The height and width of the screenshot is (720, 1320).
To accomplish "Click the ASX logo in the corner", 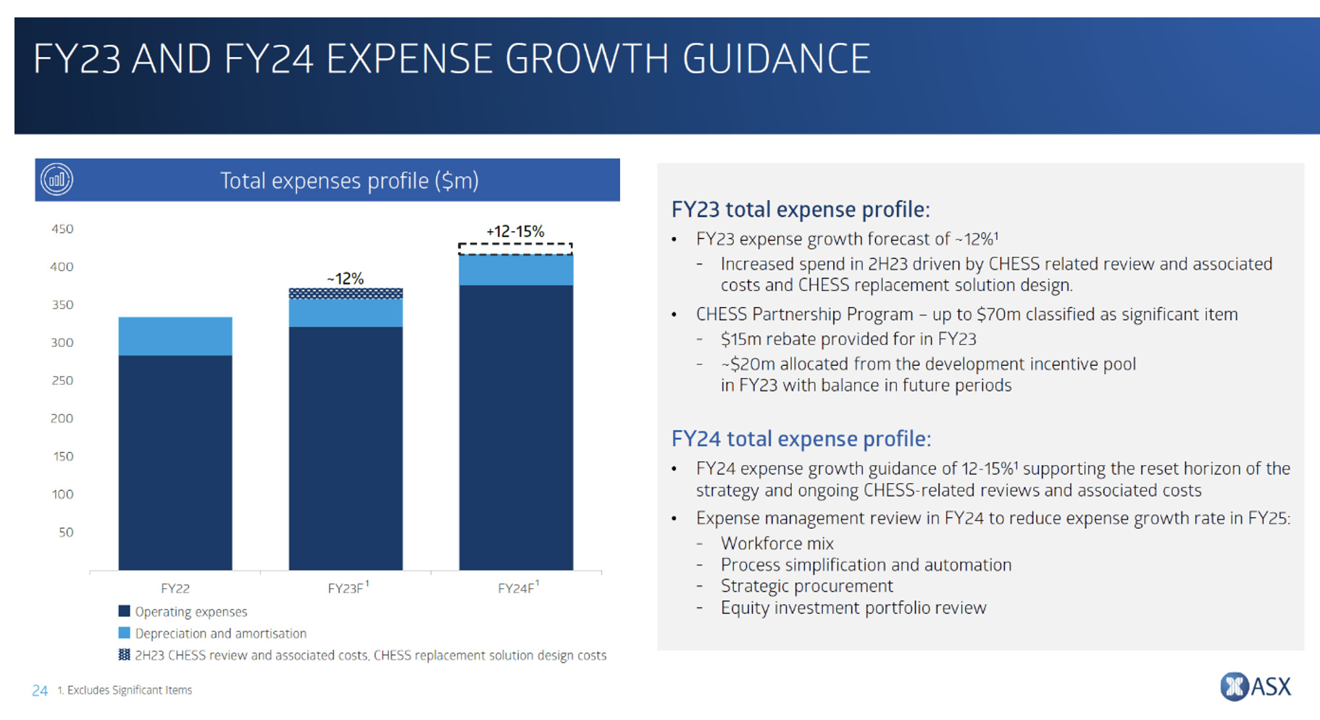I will [x=1255, y=686].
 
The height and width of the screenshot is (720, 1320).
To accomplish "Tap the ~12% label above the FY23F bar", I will [x=345, y=278].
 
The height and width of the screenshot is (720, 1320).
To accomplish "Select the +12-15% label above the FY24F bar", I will [x=515, y=232].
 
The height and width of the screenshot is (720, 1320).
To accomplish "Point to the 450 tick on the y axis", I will [x=62, y=229].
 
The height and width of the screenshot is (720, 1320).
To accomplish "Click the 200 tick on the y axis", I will [x=62, y=418].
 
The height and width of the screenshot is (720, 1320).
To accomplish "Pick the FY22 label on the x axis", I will [x=175, y=588].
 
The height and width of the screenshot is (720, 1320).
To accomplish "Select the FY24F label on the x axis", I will [x=517, y=588].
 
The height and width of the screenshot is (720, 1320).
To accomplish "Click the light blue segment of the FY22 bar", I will [x=175, y=336].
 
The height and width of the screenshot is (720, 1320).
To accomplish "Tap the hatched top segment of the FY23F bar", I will [x=346, y=293].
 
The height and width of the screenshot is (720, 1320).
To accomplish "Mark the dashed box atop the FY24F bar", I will [x=515, y=249].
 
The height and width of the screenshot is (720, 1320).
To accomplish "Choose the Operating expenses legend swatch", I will [x=125, y=611].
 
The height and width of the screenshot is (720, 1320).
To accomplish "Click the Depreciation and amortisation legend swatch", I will [x=125, y=633].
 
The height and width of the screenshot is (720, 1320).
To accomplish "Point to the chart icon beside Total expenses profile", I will [x=57, y=180].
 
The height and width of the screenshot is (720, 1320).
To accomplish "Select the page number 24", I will [x=40, y=690].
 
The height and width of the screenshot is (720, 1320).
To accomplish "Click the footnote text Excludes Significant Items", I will [x=129, y=690].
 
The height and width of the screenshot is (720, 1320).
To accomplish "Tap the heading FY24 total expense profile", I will [x=801, y=439].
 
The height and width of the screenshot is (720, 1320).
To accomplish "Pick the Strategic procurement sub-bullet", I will [x=806, y=586].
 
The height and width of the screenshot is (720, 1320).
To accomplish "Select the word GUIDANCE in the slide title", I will [x=776, y=59].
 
